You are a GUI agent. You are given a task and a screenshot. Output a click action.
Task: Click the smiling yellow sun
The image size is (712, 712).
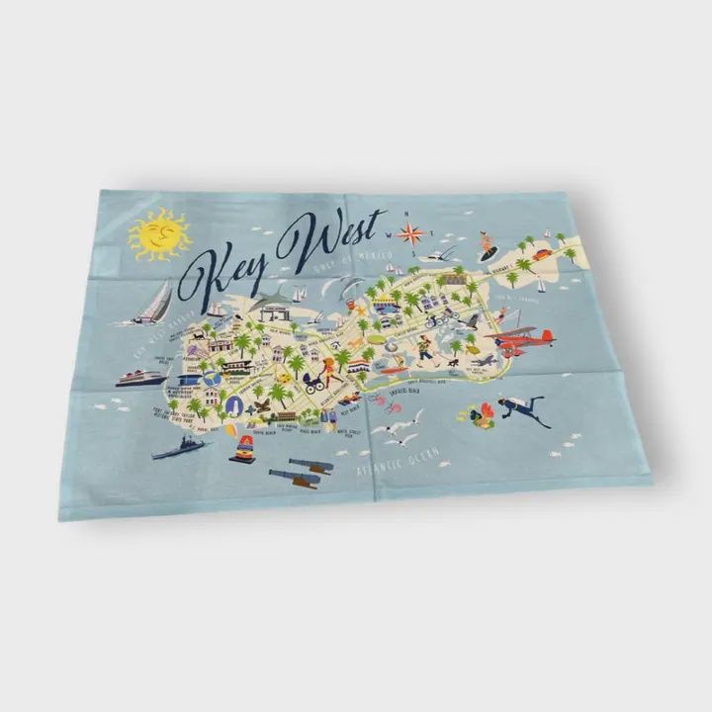(x=159, y=235)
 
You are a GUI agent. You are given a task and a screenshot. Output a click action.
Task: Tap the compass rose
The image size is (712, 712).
(x=410, y=233)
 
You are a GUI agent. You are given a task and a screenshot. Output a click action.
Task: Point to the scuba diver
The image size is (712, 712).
(x=521, y=408)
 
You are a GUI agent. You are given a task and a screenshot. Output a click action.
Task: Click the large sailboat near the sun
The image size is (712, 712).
(x=152, y=304)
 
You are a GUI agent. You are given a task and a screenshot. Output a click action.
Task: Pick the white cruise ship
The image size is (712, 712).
(x=141, y=377)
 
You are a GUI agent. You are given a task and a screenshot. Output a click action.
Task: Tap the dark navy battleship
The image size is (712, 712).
(x=178, y=447)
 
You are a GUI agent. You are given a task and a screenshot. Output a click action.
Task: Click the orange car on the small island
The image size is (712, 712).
(x=542, y=255)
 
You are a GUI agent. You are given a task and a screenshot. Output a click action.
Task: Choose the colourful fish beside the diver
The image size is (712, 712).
(x=482, y=415)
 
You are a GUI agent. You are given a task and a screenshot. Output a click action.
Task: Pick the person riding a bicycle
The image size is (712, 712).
(x=432, y=319)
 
